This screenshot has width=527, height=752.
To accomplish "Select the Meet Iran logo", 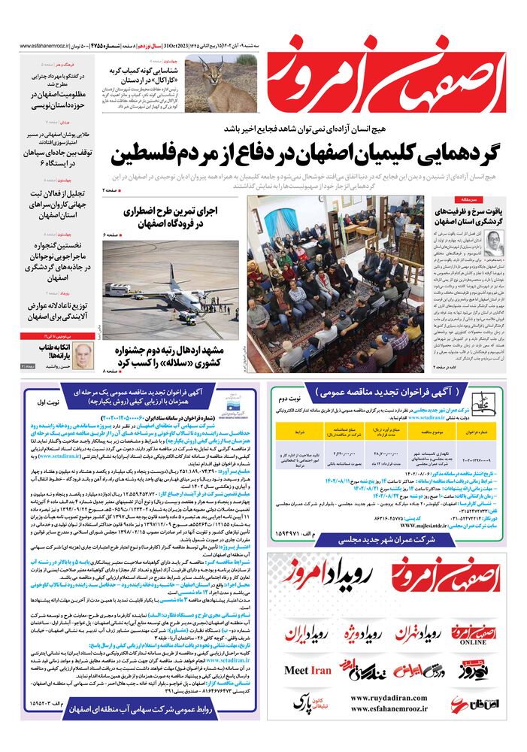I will tap(307, 670).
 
